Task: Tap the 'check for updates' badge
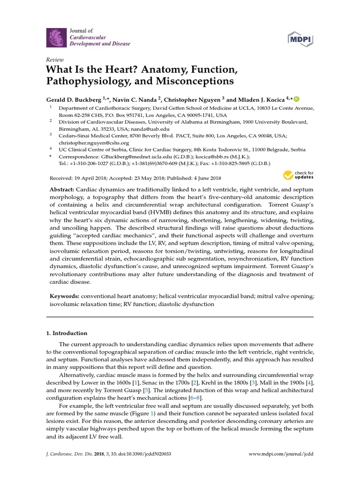click(298, 176)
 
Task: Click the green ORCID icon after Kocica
click(296, 99)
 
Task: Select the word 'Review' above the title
click(54, 60)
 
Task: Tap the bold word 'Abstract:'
click(62, 188)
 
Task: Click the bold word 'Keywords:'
click(65, 297)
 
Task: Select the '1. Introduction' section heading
click(67, 333)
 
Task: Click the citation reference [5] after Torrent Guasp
click(146, 390)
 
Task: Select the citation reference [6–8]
click(193, 397)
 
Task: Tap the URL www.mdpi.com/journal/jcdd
click(281, 454)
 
